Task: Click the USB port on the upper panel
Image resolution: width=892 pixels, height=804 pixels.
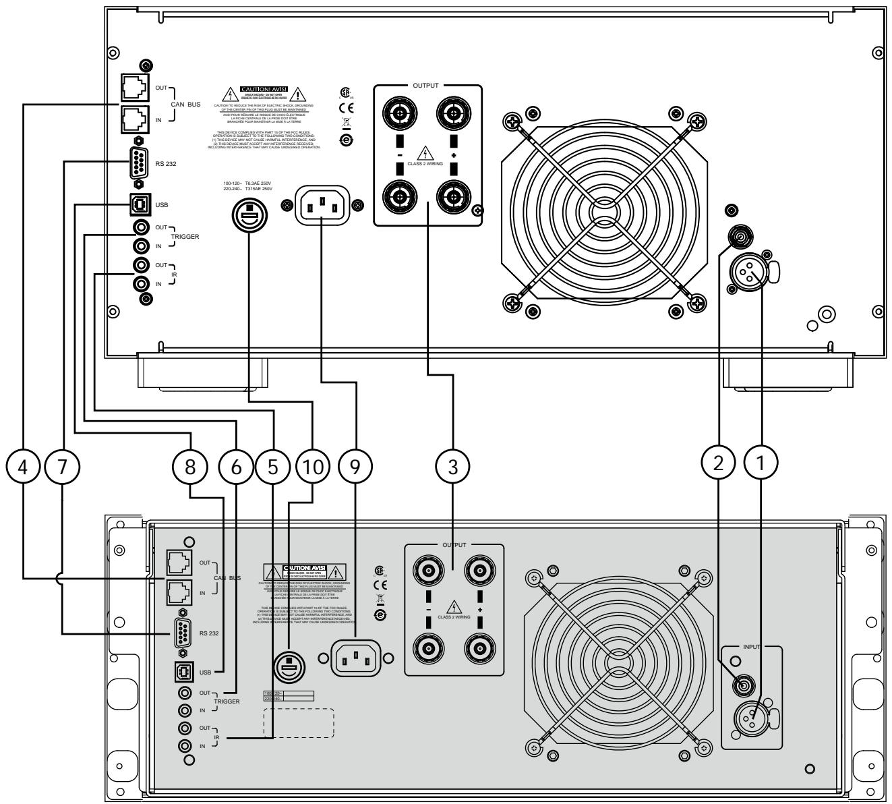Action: click(138, 202)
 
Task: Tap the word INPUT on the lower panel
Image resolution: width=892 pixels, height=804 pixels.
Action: click(752, 647)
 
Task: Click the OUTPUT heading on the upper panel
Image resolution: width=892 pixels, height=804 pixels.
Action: click(425, 86)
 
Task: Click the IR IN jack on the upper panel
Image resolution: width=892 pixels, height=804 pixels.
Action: click(142, 284)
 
